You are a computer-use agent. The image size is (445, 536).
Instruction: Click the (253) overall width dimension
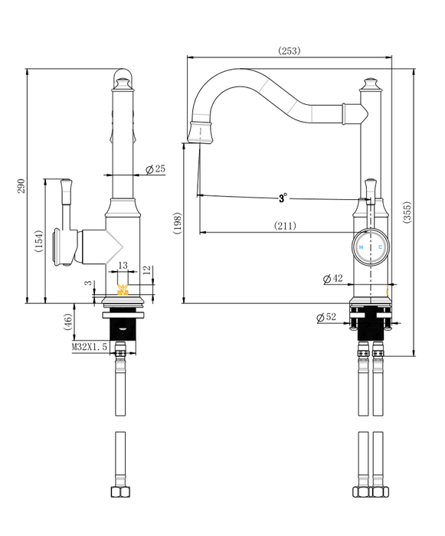pos(289,51)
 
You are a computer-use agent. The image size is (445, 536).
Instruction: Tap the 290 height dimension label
pos(21,185)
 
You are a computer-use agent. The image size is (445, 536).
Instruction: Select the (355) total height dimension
pos(407,213)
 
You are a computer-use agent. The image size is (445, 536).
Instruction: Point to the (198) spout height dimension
pos(177,224)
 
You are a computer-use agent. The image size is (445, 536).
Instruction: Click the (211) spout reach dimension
pos(285,226)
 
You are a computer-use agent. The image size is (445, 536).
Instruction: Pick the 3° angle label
pos(283,198)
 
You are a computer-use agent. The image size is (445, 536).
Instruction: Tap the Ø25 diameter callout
pos(155,169)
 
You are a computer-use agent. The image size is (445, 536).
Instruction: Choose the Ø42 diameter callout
pos(333,279)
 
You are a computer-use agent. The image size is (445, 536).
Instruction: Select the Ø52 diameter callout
pos(326,317)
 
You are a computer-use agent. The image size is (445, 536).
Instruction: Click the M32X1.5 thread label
pos(90,347)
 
